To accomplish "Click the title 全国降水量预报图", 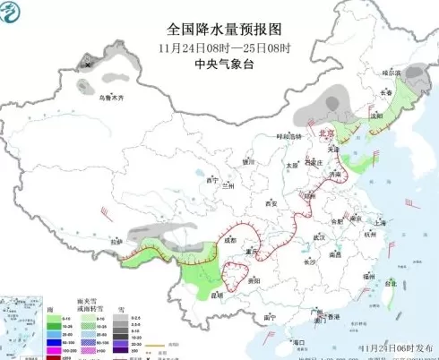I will pyautogui.click(x=219, y=29).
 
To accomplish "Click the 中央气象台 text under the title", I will pyautogui.click(x=219, y=64).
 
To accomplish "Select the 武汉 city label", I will pyautogui.click(x=317, y=236).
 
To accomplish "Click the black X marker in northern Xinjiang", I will pyautogui.click(x=87, y=64).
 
